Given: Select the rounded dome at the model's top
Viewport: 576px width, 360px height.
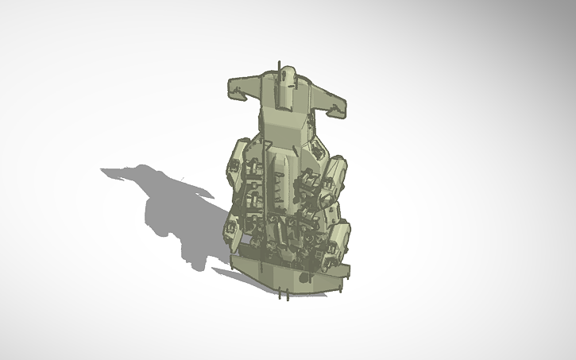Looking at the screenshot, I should [x=287, y=78].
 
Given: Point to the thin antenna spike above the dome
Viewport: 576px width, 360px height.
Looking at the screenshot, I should [x=279, y=66].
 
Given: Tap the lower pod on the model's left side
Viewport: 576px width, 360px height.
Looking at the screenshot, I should [x=233, y=230].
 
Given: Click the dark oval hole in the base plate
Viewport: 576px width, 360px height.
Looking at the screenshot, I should [x=305, y=277].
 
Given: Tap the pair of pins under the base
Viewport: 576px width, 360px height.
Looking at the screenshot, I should [x=282, y=296].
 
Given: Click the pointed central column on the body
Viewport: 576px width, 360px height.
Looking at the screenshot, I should [x=285, y=171].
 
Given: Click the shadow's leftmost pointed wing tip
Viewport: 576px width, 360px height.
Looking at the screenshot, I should [x=103, y=170].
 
